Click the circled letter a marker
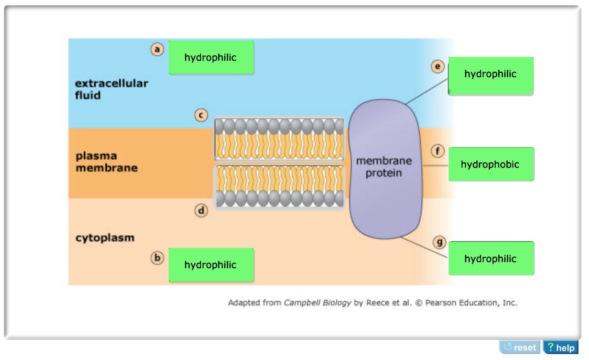click(x=157, y=50)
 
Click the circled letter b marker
click(x=157, y=258)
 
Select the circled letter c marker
click(x=201, y=115)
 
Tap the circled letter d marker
click(x=201, y=211)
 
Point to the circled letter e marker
click(x=438, y=66)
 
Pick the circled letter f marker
click(x=438, y=151)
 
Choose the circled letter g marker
click(x=439, y=242)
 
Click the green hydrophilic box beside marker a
click(x=211, y=58)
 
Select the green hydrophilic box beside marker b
click(x=211, y=265)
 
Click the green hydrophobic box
click(x=491, y=164)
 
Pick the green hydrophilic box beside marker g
click(x=491, y=259)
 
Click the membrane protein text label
click(x=384, y=167)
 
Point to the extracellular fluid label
click(x=111, y=89)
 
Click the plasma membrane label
click(x=106, y=162)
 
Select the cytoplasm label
click(x=105, y=238)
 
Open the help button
click(x=561, y=348)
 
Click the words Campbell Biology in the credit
click(x=317, y=303)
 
